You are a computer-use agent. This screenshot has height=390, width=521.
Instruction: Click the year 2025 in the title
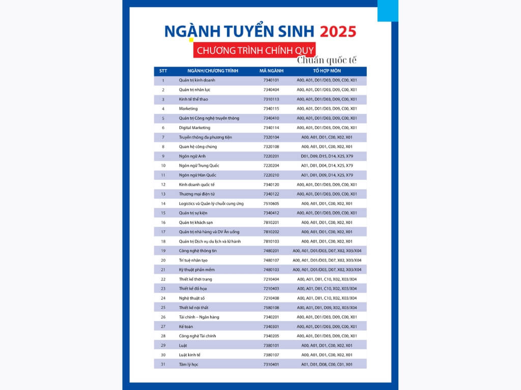pos(338,31)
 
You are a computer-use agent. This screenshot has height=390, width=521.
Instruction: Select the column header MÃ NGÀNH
pos(271,71)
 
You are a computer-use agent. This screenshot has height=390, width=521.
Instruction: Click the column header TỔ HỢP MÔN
pos(327,71)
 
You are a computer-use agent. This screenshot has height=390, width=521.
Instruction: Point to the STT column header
pos(163,71)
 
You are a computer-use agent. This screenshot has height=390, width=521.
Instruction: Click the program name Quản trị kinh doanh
pos(196,80)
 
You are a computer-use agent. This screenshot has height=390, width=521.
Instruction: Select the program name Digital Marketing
pos(194,127)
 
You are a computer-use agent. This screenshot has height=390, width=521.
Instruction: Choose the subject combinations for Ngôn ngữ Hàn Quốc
pos(327,175)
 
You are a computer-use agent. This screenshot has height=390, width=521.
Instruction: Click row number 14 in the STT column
pos(163,204)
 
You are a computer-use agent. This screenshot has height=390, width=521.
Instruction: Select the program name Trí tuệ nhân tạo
pos(193,260)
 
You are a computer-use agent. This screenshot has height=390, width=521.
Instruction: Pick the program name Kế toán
pos(186,327)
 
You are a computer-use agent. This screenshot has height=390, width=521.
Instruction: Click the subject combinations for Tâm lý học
pos(327,364)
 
